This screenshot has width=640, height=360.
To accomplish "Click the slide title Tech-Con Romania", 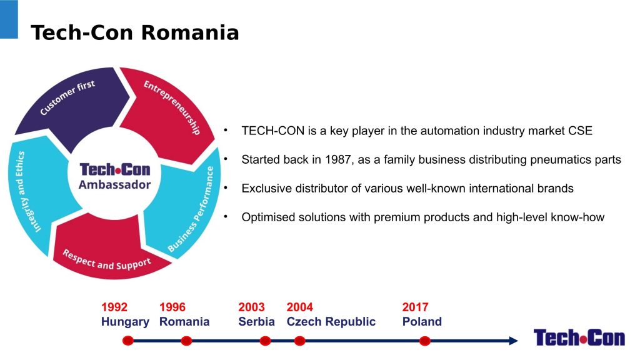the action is point(135,32).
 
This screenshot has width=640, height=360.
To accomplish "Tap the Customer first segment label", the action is point(67,97).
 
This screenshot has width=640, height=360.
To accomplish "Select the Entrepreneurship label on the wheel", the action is point(172,107).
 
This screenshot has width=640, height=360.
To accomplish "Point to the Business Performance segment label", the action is point(191,209).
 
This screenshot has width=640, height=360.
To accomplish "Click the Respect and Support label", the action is point(106,261).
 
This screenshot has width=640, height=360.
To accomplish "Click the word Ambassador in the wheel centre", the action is point(115,185).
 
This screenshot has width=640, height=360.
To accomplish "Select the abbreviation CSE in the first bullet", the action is point(580,131).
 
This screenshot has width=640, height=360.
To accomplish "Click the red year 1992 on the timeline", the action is point(114,307).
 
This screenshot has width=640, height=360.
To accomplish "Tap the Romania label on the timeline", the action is point(184,322).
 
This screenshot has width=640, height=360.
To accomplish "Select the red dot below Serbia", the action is point(265,341).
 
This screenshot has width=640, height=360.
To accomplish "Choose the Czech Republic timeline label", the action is point(331,322).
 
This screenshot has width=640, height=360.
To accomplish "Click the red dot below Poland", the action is point(424,341).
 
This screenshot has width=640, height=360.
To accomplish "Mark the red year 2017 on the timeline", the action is point(415,307).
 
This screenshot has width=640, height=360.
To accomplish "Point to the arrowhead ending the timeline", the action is point(514,341).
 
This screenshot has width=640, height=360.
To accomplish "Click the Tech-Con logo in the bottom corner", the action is point(579,337).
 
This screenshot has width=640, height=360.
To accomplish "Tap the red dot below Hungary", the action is point(127,341).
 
